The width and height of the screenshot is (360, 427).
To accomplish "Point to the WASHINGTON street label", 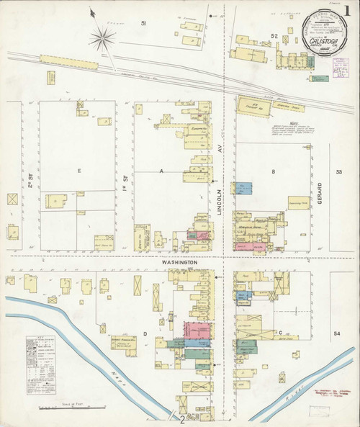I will [x=180, y=263].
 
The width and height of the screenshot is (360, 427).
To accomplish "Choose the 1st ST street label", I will [x=124, y=174].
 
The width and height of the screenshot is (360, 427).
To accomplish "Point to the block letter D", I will [x=145, y=333].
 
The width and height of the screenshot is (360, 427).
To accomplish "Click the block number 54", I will [x=336, y=334].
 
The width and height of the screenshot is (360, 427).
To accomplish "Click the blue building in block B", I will [x=244, y=189].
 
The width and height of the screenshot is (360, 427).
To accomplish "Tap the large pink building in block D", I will [x=197, y=331].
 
